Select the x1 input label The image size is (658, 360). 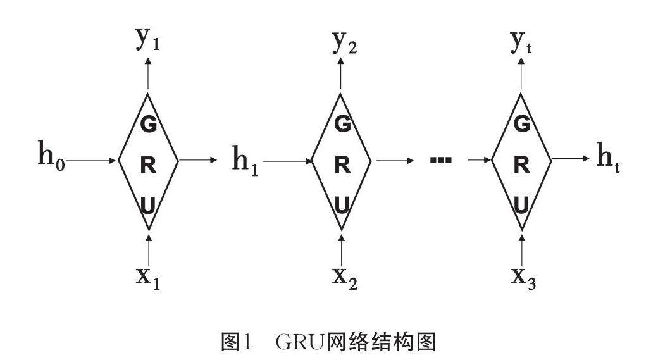tap(147, 276)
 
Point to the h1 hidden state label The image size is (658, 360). tap(245, 161)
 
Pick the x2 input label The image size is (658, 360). tap(345, 276)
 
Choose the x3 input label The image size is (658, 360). tap(524, 276)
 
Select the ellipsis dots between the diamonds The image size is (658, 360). tap(440, 160)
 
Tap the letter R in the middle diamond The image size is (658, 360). tap(342, 164)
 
